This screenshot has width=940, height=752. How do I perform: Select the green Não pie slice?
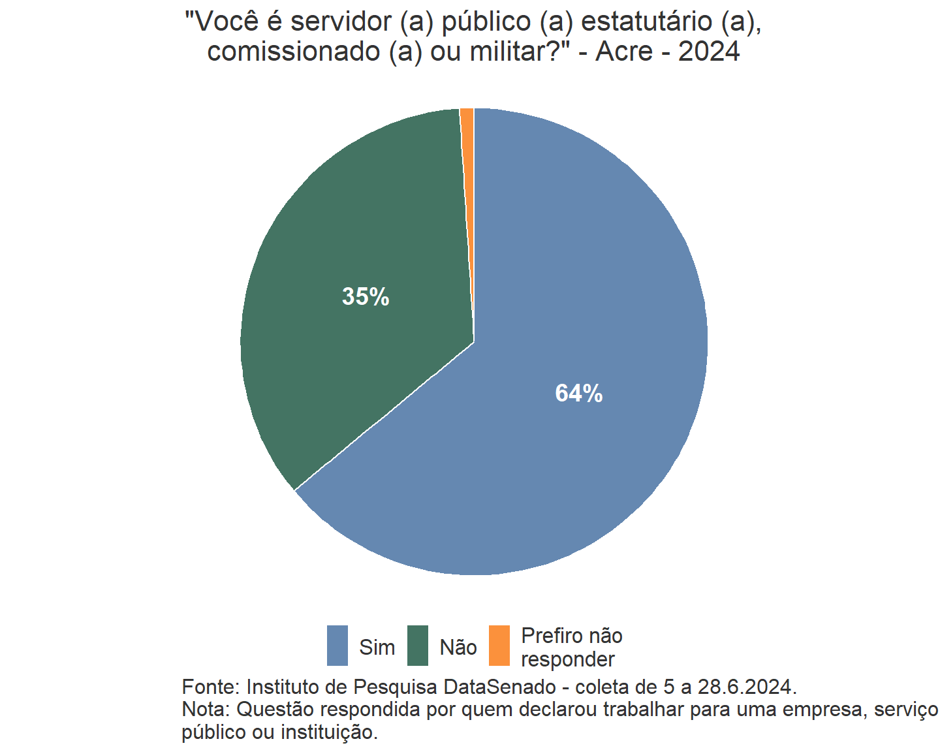(x=352, y=248)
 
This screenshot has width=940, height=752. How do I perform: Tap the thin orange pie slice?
(x=467, y=131)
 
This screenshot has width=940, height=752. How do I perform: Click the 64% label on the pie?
(x=578, y=393)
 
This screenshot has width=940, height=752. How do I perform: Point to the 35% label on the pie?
(x=366, y=297)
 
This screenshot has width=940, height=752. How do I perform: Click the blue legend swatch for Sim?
(x=337, y=646)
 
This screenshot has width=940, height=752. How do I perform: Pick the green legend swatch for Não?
(x=418, y=646)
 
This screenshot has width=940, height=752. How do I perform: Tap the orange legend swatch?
(x=499, y=646)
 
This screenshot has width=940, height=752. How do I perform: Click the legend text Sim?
(x=377, y=648)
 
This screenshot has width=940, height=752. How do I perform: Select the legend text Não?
(x=458, y=648)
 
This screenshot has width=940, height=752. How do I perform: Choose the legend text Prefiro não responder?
(x=571, y=648)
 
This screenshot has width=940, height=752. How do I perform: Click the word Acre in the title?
(x=624, y=51)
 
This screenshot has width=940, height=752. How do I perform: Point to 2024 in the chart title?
(x=709, y=51)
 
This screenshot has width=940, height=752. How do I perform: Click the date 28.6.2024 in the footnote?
(x=745, y=687)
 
